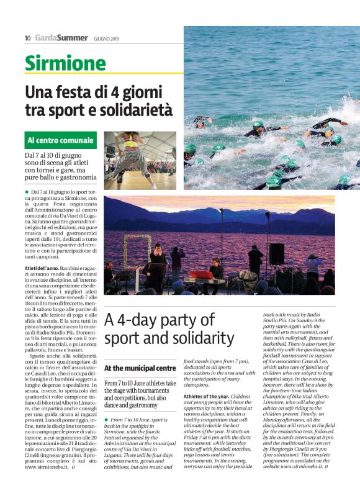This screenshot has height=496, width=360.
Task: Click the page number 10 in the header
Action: pos(27,38)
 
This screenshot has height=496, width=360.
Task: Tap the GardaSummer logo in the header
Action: pos(61,38)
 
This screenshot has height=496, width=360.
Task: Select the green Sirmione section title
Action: pos(65,63)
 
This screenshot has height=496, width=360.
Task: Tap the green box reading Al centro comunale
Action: pos(61,140)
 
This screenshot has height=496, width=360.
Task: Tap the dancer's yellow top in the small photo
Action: pos(131,147)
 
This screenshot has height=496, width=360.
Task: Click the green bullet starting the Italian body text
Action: pos(27,193)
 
